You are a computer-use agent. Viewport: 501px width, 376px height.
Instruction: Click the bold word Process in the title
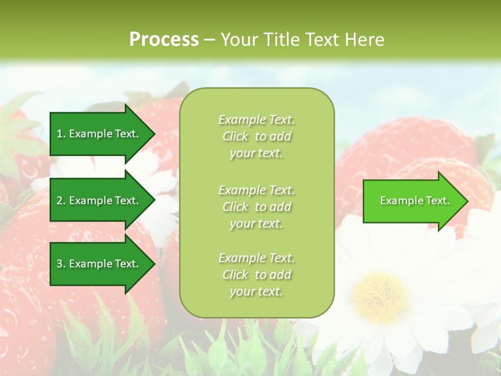pyautogui.click(x=164, y=39)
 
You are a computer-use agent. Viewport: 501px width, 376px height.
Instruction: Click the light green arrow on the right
pyautogui.click(x=412, y=201)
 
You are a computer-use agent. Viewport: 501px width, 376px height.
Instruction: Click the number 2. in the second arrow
pyautogui.click(x=61, y=201)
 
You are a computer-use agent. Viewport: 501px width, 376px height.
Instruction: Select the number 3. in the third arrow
pyautogui.click(x=61, y=264)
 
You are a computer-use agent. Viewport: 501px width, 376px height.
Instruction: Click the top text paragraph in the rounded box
pyautogui.click(x=256, y=136)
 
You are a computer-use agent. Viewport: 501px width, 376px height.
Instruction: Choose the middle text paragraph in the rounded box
pyautogui.click(x=256, y=207)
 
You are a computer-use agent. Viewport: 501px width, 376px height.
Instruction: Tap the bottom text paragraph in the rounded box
pyautogui.click(x=256, y=275)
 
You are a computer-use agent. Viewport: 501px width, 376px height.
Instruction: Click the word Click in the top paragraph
pyautogui.click(x=235, y=136)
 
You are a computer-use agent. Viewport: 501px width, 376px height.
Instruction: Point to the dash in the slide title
pyautogui.click(x=209, y=39)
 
